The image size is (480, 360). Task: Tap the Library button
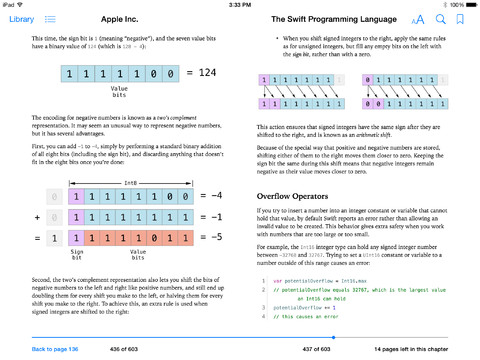(x=20, y=20)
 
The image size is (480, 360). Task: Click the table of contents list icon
(x=50, y=20)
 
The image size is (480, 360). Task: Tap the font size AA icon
(x=418, y=20)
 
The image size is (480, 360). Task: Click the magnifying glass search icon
(x=440, y=20)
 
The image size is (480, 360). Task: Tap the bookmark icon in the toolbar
(x=460, y=20)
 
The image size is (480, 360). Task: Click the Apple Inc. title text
(x=126, y=20)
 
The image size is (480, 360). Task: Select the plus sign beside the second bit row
(x=38, y=216)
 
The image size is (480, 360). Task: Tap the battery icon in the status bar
(x=468, y=5)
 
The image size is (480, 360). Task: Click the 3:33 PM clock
(x=240, y=5)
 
